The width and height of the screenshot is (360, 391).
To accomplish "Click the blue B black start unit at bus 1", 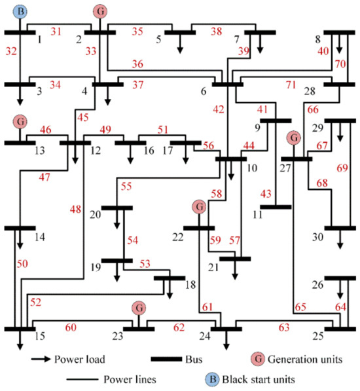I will pos(21,11).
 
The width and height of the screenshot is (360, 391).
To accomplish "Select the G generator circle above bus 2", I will pos(99,11).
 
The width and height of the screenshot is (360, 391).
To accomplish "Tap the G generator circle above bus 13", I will pos(21,122).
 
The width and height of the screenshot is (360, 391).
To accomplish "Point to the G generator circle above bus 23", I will pos(138,308).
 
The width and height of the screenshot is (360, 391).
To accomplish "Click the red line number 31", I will pos(56,31).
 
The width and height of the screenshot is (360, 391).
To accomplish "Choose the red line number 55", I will pos(126,187).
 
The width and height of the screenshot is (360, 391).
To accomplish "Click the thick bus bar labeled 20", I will pos(117,208).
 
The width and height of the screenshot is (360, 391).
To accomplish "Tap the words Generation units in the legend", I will pos(310,360).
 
